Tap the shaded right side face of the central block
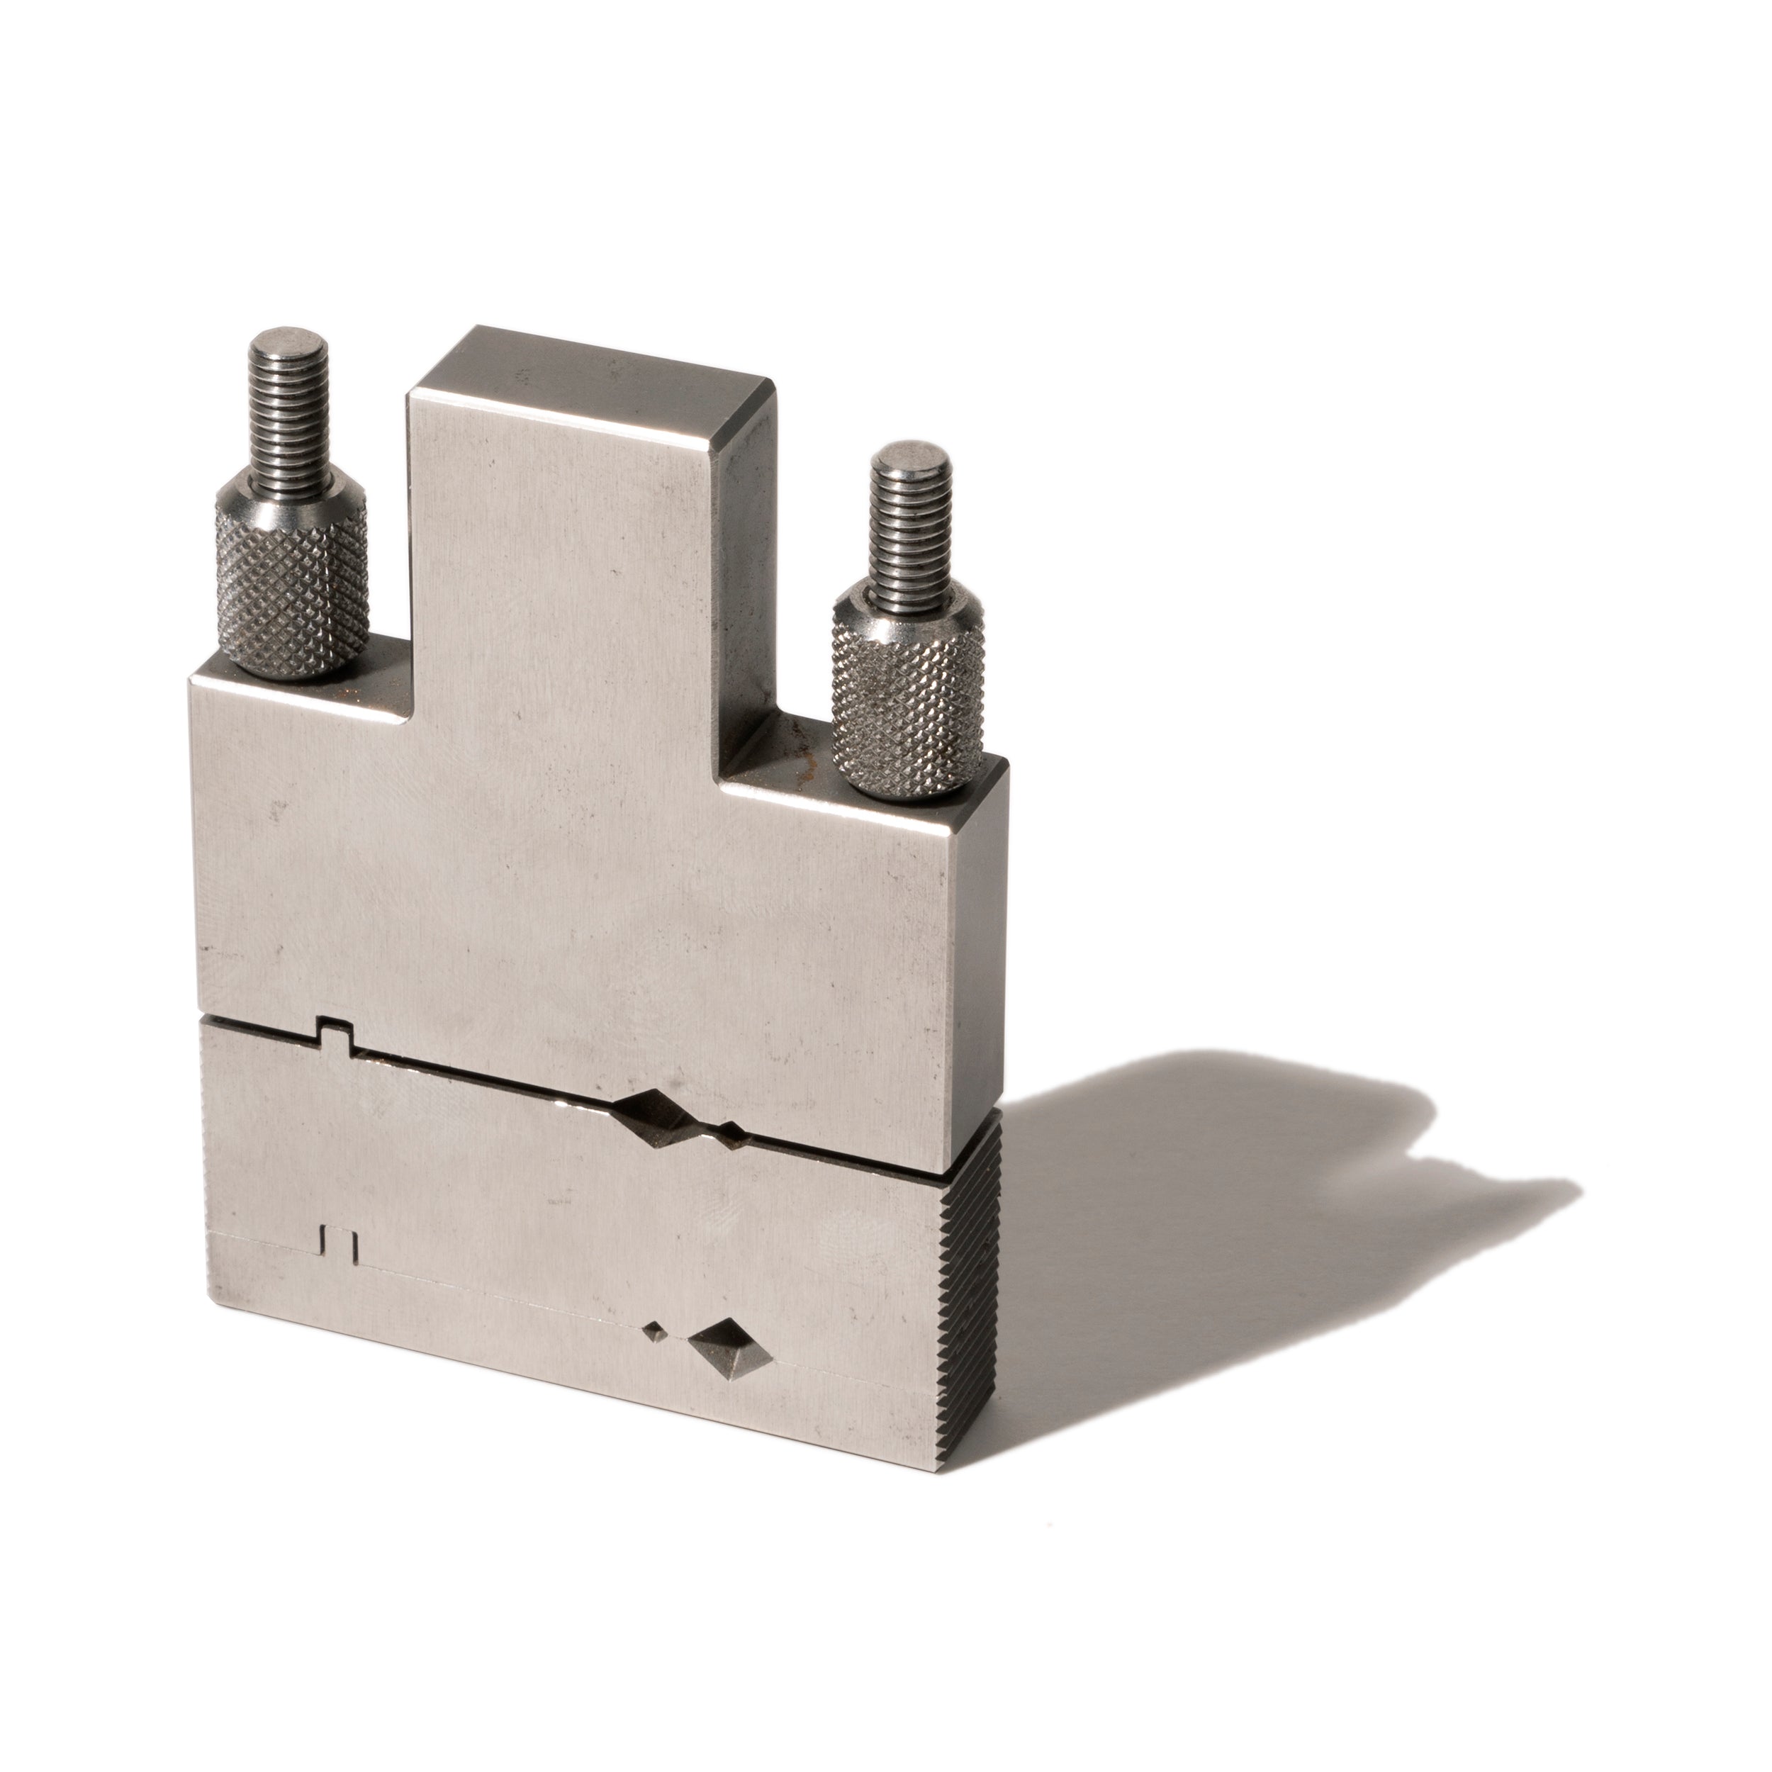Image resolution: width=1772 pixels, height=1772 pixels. click(x=741, y=568)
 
